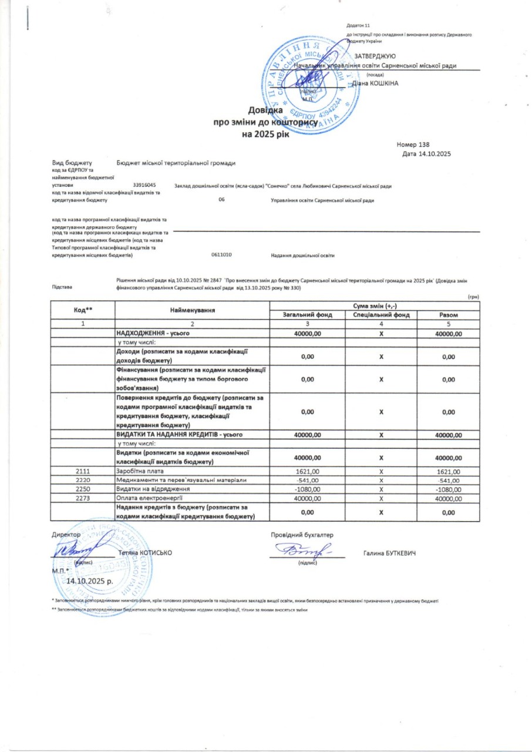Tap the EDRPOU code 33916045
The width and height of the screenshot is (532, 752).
(144, 185)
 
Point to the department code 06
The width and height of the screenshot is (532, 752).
(221, 200)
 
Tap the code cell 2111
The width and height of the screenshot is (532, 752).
(83, 471)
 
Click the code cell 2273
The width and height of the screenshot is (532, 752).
(83, 498)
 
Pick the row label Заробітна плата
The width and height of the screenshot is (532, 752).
(141, 471)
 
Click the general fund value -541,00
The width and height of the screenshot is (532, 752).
(308, 481)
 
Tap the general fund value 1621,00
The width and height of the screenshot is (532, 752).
(308, 471)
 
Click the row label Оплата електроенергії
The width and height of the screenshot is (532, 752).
(146, 498)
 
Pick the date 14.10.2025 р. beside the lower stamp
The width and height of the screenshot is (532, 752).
(91, 580)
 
